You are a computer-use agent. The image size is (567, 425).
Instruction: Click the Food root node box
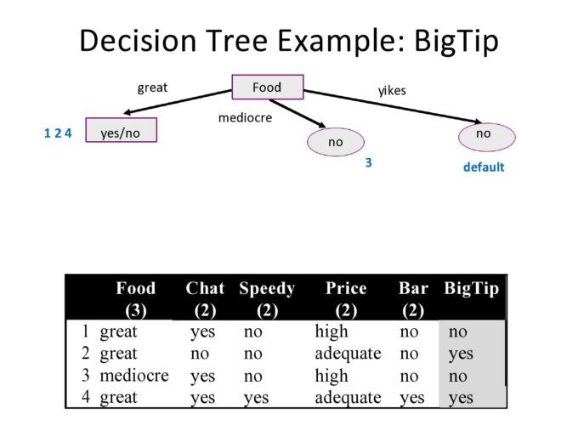coord(267,87)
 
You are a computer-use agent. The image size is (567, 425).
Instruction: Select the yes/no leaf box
coord(121,133)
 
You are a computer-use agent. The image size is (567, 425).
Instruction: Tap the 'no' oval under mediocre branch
coord(336,142)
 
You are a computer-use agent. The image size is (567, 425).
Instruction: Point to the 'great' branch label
coord(152,87)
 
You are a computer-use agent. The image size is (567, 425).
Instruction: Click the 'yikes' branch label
coord(393,89)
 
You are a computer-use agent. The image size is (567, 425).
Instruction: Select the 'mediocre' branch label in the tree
coord(245,118)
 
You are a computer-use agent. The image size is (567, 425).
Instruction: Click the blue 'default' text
coord(483,167)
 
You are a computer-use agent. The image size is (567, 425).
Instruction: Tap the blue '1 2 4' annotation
coord(58,133)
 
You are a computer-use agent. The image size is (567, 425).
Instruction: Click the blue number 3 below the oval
coord(369,161)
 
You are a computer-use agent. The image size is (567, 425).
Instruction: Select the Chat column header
coord(205,289)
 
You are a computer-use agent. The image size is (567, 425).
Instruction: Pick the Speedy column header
coord(267,289)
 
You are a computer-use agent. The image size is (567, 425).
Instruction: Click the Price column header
coord(346,289)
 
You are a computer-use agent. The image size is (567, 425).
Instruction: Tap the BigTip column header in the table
coord(471,289)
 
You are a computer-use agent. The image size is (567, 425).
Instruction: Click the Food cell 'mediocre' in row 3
coord(134,376)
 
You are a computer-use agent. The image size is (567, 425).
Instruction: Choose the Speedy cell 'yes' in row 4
coord(256,397)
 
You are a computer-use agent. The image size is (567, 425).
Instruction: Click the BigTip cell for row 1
coord(458,332)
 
